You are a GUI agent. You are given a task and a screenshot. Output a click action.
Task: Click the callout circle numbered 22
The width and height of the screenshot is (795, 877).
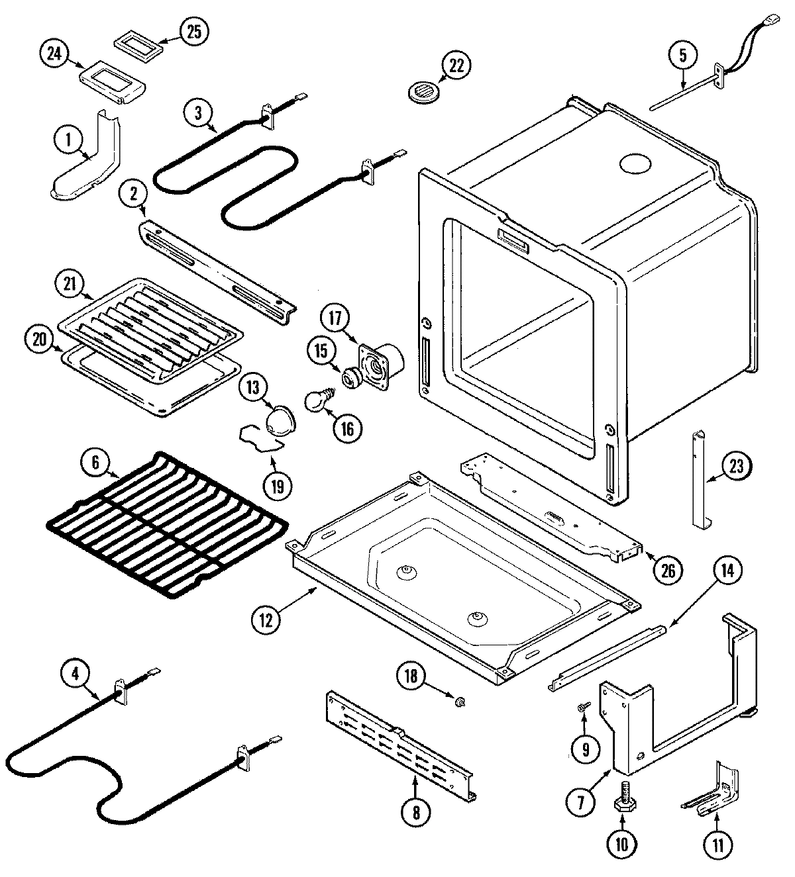456,67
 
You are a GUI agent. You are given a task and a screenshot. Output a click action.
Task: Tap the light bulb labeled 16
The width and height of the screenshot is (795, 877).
317,400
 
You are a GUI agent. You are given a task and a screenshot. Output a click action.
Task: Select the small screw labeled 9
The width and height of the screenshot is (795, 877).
582,708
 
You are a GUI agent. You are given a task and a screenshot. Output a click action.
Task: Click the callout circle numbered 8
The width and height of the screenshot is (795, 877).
415,811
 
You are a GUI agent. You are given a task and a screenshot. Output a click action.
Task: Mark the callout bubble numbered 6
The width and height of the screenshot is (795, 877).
95,463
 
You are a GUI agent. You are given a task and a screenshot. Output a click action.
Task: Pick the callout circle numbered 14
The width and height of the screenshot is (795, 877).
727,571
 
